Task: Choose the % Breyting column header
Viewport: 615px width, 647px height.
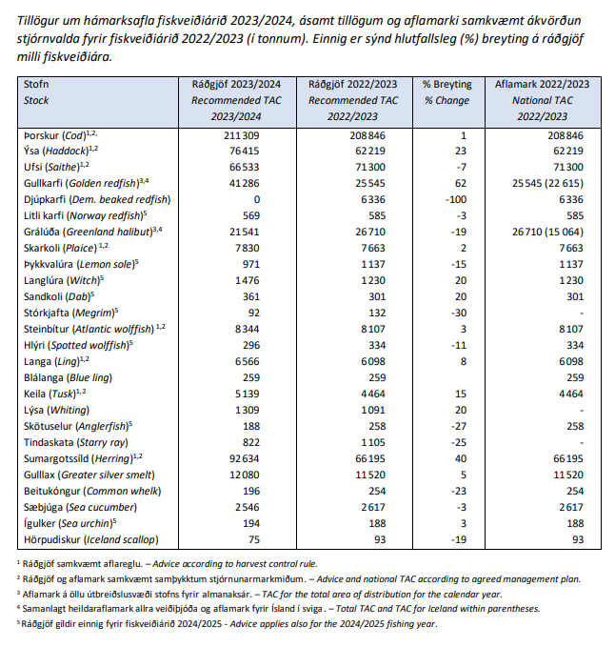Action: (x=446, y=84)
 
